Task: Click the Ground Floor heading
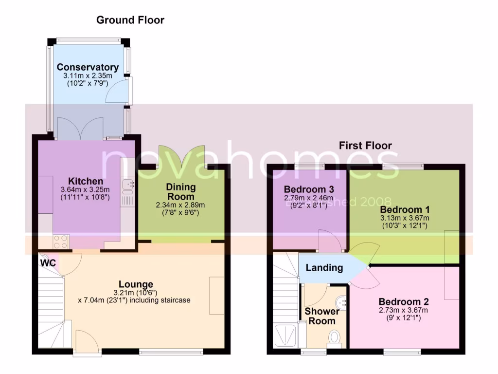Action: pos(130,20)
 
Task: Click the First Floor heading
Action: pos(365,145)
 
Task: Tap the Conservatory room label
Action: pos(88,67)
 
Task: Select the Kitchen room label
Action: pos(86,181)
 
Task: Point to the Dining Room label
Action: pos(181,191)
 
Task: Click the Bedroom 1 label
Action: pos(405,210)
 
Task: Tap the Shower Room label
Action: pos(322,316)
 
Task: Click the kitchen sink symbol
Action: pos(127,185)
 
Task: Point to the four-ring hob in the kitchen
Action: pos(62,242)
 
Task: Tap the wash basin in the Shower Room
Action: pos(342,302)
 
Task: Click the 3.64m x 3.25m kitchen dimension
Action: pos(86,190)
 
